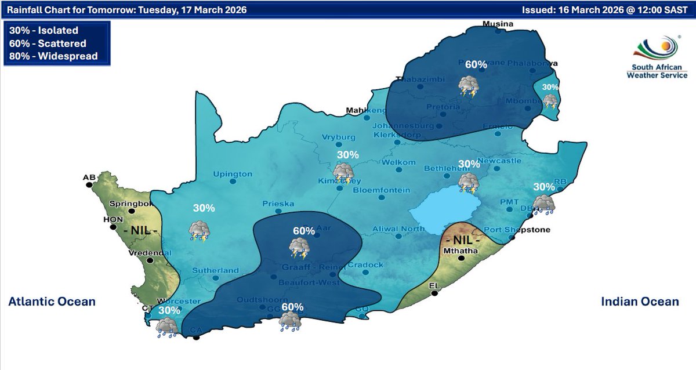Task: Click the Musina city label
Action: pos(499,24)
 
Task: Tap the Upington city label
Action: pos(233,174)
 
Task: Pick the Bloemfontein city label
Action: pos(381,190)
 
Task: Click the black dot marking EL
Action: pos(437,293)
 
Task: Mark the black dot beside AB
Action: pos(89,184)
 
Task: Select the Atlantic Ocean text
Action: pos(52,302)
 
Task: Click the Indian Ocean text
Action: pos(640,302)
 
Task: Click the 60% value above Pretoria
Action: pos(475,64)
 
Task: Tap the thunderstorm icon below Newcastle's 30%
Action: pos(469,183)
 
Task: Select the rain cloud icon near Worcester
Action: pos(167,328)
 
